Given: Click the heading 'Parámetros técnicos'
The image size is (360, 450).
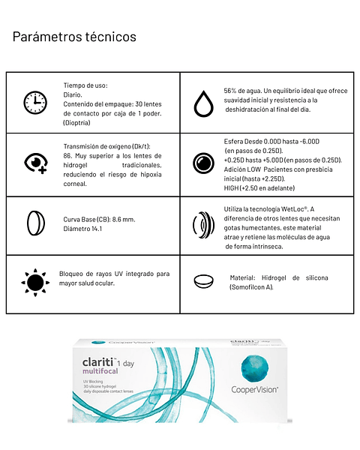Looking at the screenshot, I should click(x=74, y=36).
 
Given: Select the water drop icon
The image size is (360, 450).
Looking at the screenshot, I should click(x=203, y=103).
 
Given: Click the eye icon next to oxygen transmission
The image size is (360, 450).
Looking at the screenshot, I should click(x=35, y=163).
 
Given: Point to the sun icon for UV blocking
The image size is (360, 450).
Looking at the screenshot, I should click(x=34, y=282).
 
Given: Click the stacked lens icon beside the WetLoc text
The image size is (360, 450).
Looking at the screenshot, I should click(x=203, y=225).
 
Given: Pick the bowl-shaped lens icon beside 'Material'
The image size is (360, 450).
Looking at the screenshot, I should click(x=202, y=282).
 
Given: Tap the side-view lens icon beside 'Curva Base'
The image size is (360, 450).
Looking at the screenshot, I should click(x=34, y=223).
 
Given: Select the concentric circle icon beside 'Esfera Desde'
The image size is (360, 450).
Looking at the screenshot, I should click(x=203, y=163).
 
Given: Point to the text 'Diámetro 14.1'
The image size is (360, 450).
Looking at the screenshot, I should click(x=82, y=229).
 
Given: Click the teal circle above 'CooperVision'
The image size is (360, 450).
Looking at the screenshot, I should click(x=252, y=368).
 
